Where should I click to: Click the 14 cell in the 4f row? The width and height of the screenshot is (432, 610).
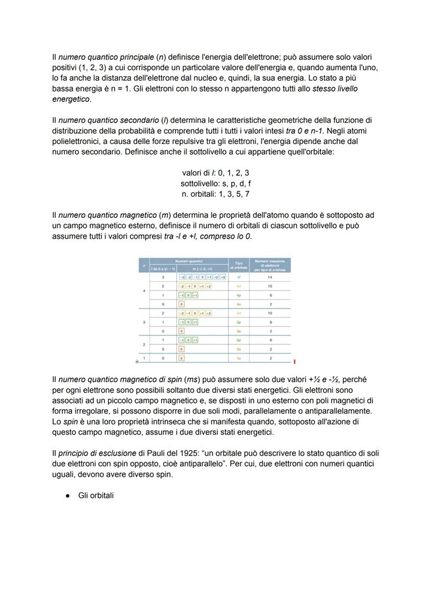270,278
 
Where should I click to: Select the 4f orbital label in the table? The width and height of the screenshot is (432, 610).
238,278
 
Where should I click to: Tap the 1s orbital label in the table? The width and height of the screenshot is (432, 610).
238,358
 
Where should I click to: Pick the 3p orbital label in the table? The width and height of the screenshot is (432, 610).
238,322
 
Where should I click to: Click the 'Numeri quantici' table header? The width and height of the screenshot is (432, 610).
188,261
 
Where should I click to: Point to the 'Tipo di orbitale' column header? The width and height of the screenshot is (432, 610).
238,265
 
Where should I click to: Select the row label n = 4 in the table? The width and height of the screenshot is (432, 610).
143,290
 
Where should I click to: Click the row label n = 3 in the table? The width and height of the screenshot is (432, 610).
143,322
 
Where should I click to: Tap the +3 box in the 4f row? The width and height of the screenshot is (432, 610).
223,278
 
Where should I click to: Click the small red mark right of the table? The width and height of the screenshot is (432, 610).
295,361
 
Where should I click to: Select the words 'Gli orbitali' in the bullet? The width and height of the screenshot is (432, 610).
95,495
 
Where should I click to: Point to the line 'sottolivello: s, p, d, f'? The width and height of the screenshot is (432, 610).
215,184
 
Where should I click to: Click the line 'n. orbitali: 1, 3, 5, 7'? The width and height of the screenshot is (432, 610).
215,195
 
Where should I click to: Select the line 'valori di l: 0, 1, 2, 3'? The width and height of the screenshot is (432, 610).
215,173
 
